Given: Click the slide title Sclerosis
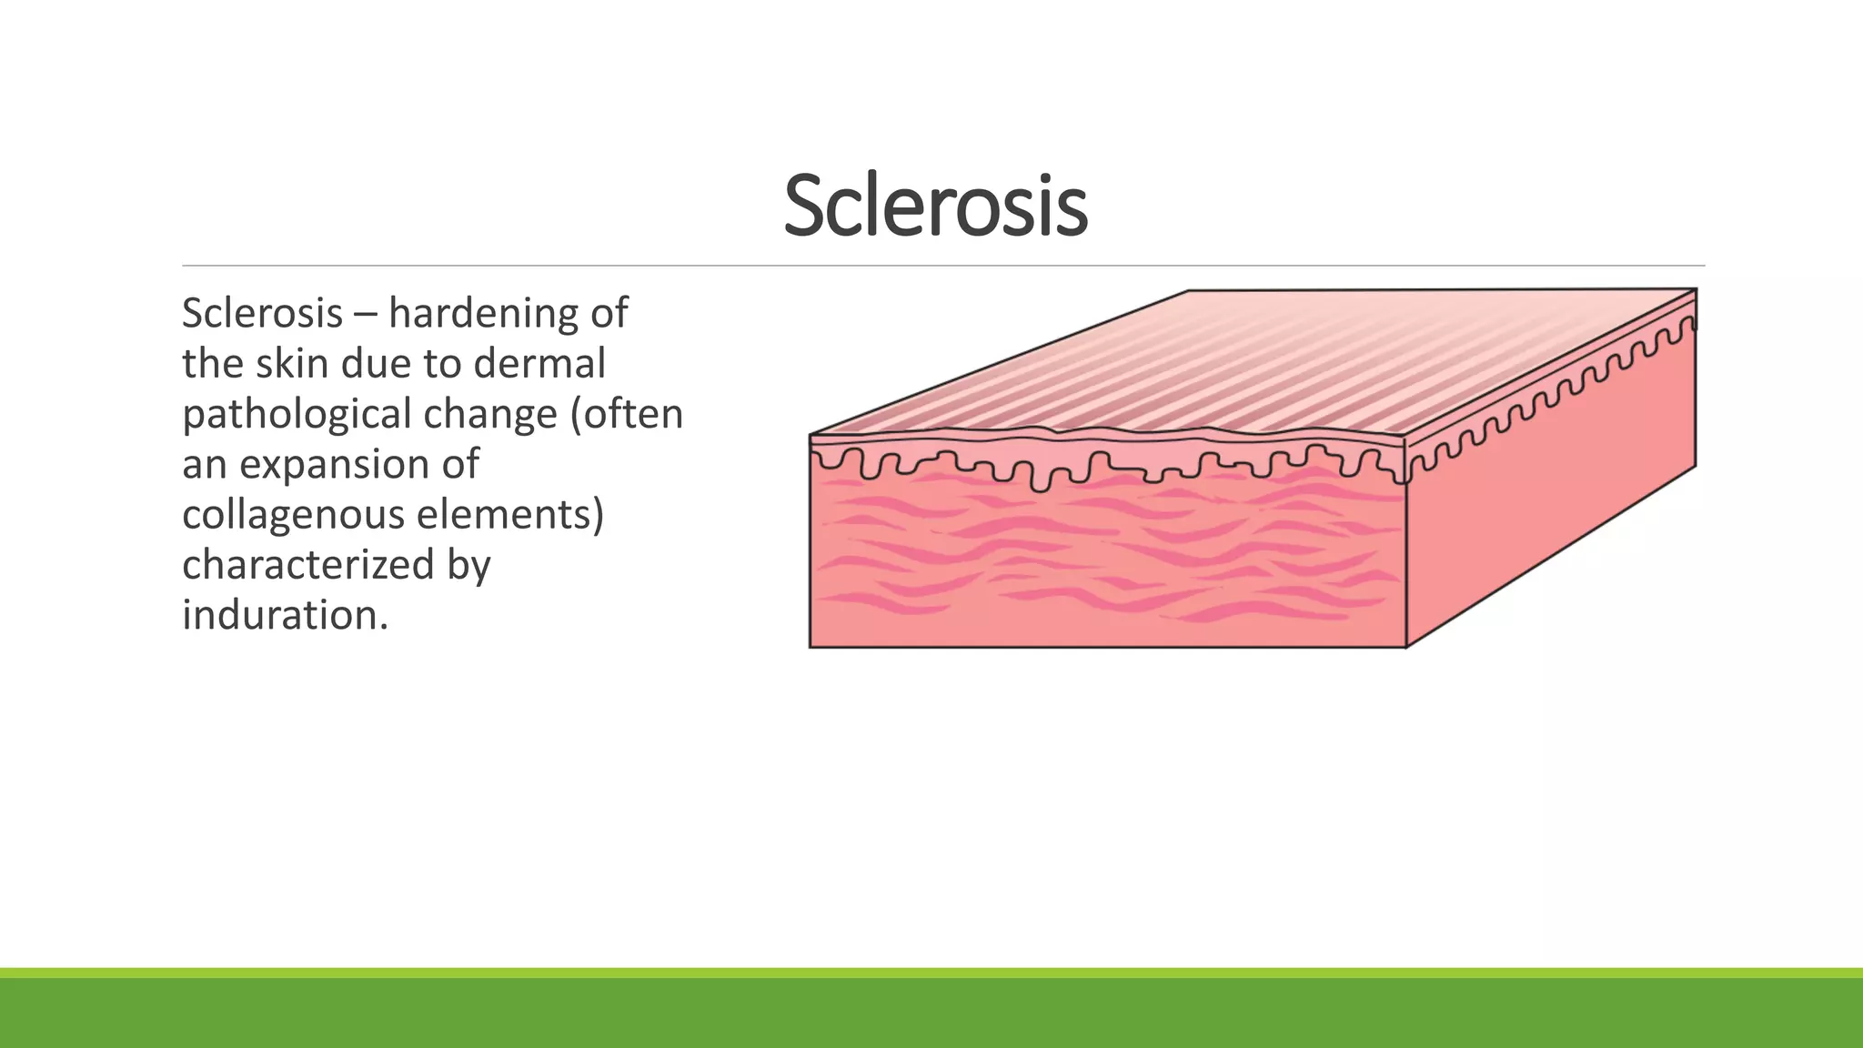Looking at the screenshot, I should [x=935, y=207].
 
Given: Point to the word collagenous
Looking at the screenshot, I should [x=293, y=515].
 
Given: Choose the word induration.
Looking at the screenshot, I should [x=285, y=616].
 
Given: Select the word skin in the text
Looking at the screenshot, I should [x=291, y=364].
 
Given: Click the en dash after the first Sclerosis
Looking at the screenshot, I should [x=366, y=315].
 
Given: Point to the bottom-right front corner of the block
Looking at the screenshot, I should [x=1406, y=647].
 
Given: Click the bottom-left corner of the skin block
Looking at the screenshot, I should [x=811, y=647].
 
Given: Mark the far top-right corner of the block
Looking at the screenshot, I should [x=1696, y=289].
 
